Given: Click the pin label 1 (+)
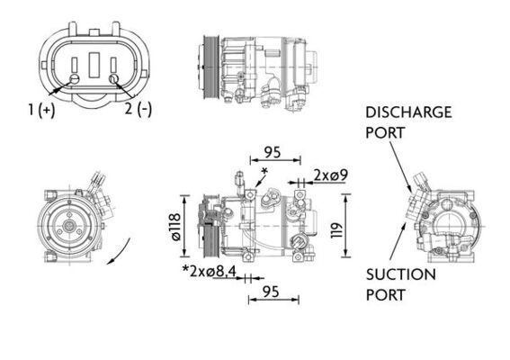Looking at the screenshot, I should pos(41,110).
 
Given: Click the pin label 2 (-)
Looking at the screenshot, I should pos(138,110).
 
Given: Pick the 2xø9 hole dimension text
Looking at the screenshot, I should pos(331,175).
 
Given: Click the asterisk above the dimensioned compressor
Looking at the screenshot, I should pos(264,170).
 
